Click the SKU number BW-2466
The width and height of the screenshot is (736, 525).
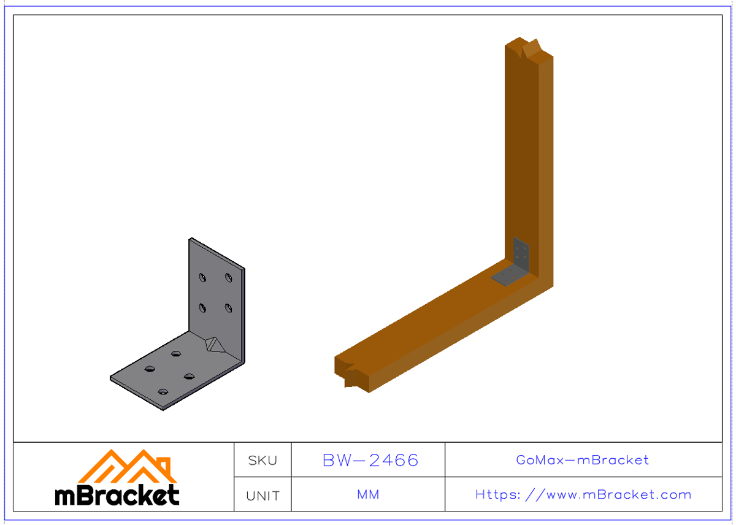coord(370,460)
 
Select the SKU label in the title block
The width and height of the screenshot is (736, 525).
coord(263,460)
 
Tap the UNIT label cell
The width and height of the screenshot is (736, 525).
coord(263,496)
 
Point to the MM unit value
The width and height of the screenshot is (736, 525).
coord(368,494)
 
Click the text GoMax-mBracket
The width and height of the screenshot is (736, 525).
coord(583,460)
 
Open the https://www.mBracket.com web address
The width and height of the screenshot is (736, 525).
coord(583,494)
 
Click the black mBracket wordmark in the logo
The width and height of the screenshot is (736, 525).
coord(117,495)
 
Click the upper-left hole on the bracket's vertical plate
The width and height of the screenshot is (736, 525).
coord(202,278)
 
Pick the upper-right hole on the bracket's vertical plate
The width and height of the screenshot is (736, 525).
coord(228,278)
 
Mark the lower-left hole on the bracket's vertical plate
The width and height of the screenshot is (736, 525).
coord(202,307)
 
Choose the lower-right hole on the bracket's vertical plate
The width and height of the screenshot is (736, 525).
coord(228,307)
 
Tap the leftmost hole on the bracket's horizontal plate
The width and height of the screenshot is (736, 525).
coord(150,369)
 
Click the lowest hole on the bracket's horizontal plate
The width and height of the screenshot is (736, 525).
coord(163,391)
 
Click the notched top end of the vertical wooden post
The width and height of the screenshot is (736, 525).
coord(529,49)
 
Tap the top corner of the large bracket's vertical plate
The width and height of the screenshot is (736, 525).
coord(191,239)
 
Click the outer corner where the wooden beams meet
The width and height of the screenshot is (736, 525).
coord(553,286)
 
